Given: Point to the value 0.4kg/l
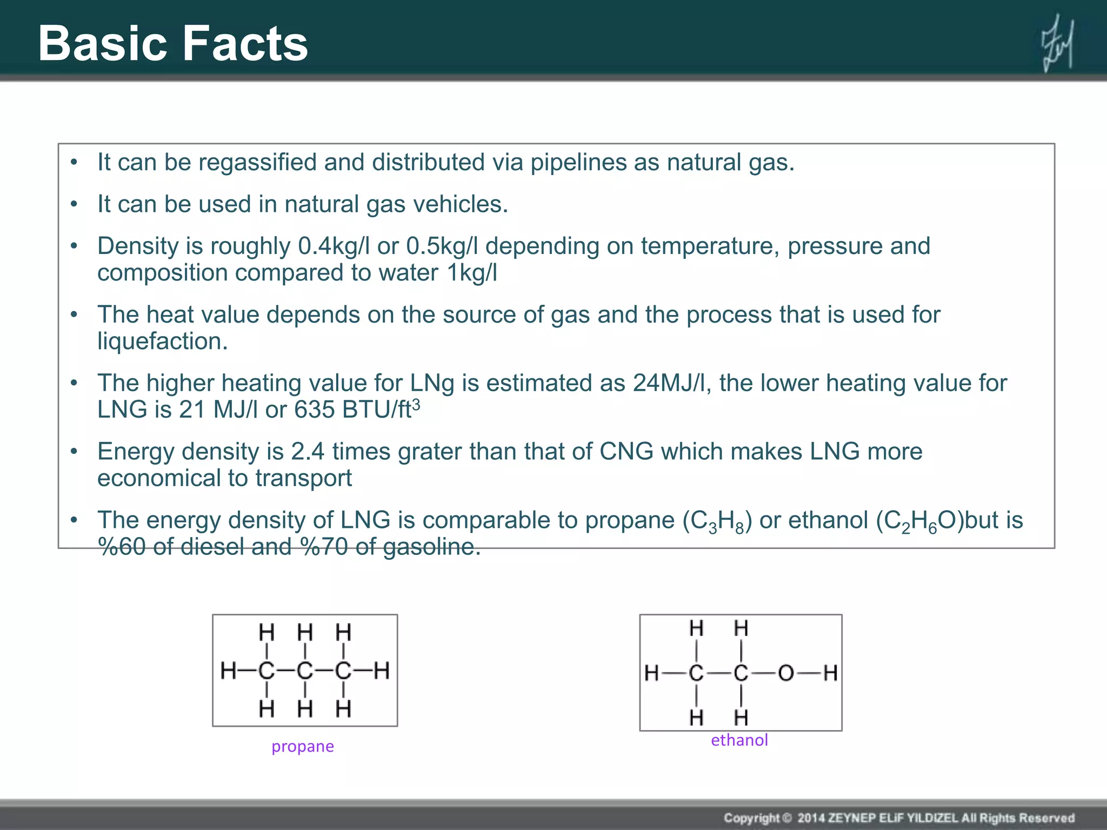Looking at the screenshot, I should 334,246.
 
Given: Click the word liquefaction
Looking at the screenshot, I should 162,342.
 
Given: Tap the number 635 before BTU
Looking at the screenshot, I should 315,410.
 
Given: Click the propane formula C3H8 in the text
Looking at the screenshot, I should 717,521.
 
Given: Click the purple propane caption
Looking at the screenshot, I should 303,746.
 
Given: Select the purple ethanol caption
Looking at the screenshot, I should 739,740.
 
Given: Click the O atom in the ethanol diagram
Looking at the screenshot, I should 785,673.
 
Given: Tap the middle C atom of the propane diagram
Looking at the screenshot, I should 305,671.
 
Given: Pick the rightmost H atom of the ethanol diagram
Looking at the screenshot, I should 830,673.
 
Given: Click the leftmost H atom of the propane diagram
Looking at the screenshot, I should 228,671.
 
